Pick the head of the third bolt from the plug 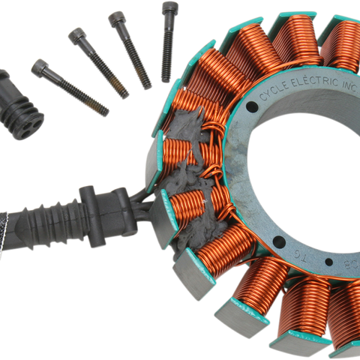[x=118, y=19]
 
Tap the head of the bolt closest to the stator [x=169, y=9]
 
